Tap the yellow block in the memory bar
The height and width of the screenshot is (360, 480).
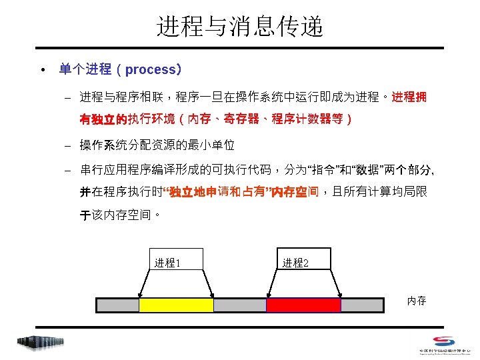point(176,305)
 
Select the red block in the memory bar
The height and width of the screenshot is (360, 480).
point(303,305)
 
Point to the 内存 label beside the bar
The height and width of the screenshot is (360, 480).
point(417,301)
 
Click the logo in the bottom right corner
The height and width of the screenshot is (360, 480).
point(445,343)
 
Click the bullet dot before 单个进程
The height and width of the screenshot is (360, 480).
point(41,70)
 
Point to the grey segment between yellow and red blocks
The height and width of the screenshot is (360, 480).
point(239,305)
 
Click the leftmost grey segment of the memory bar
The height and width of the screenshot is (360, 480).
point(118,305)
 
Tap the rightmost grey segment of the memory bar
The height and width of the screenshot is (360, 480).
point(362,305)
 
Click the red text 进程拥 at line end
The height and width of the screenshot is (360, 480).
point(409,98)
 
